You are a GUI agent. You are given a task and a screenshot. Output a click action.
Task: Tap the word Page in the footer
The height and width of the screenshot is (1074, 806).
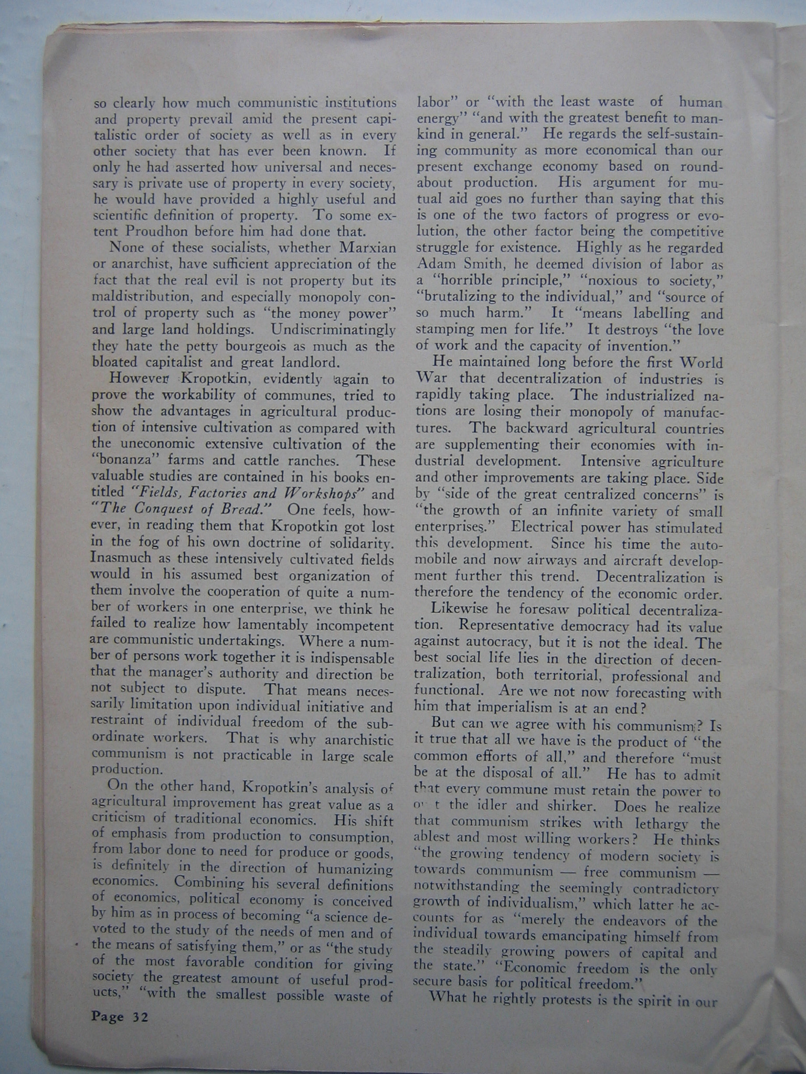coord(108,1017)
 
